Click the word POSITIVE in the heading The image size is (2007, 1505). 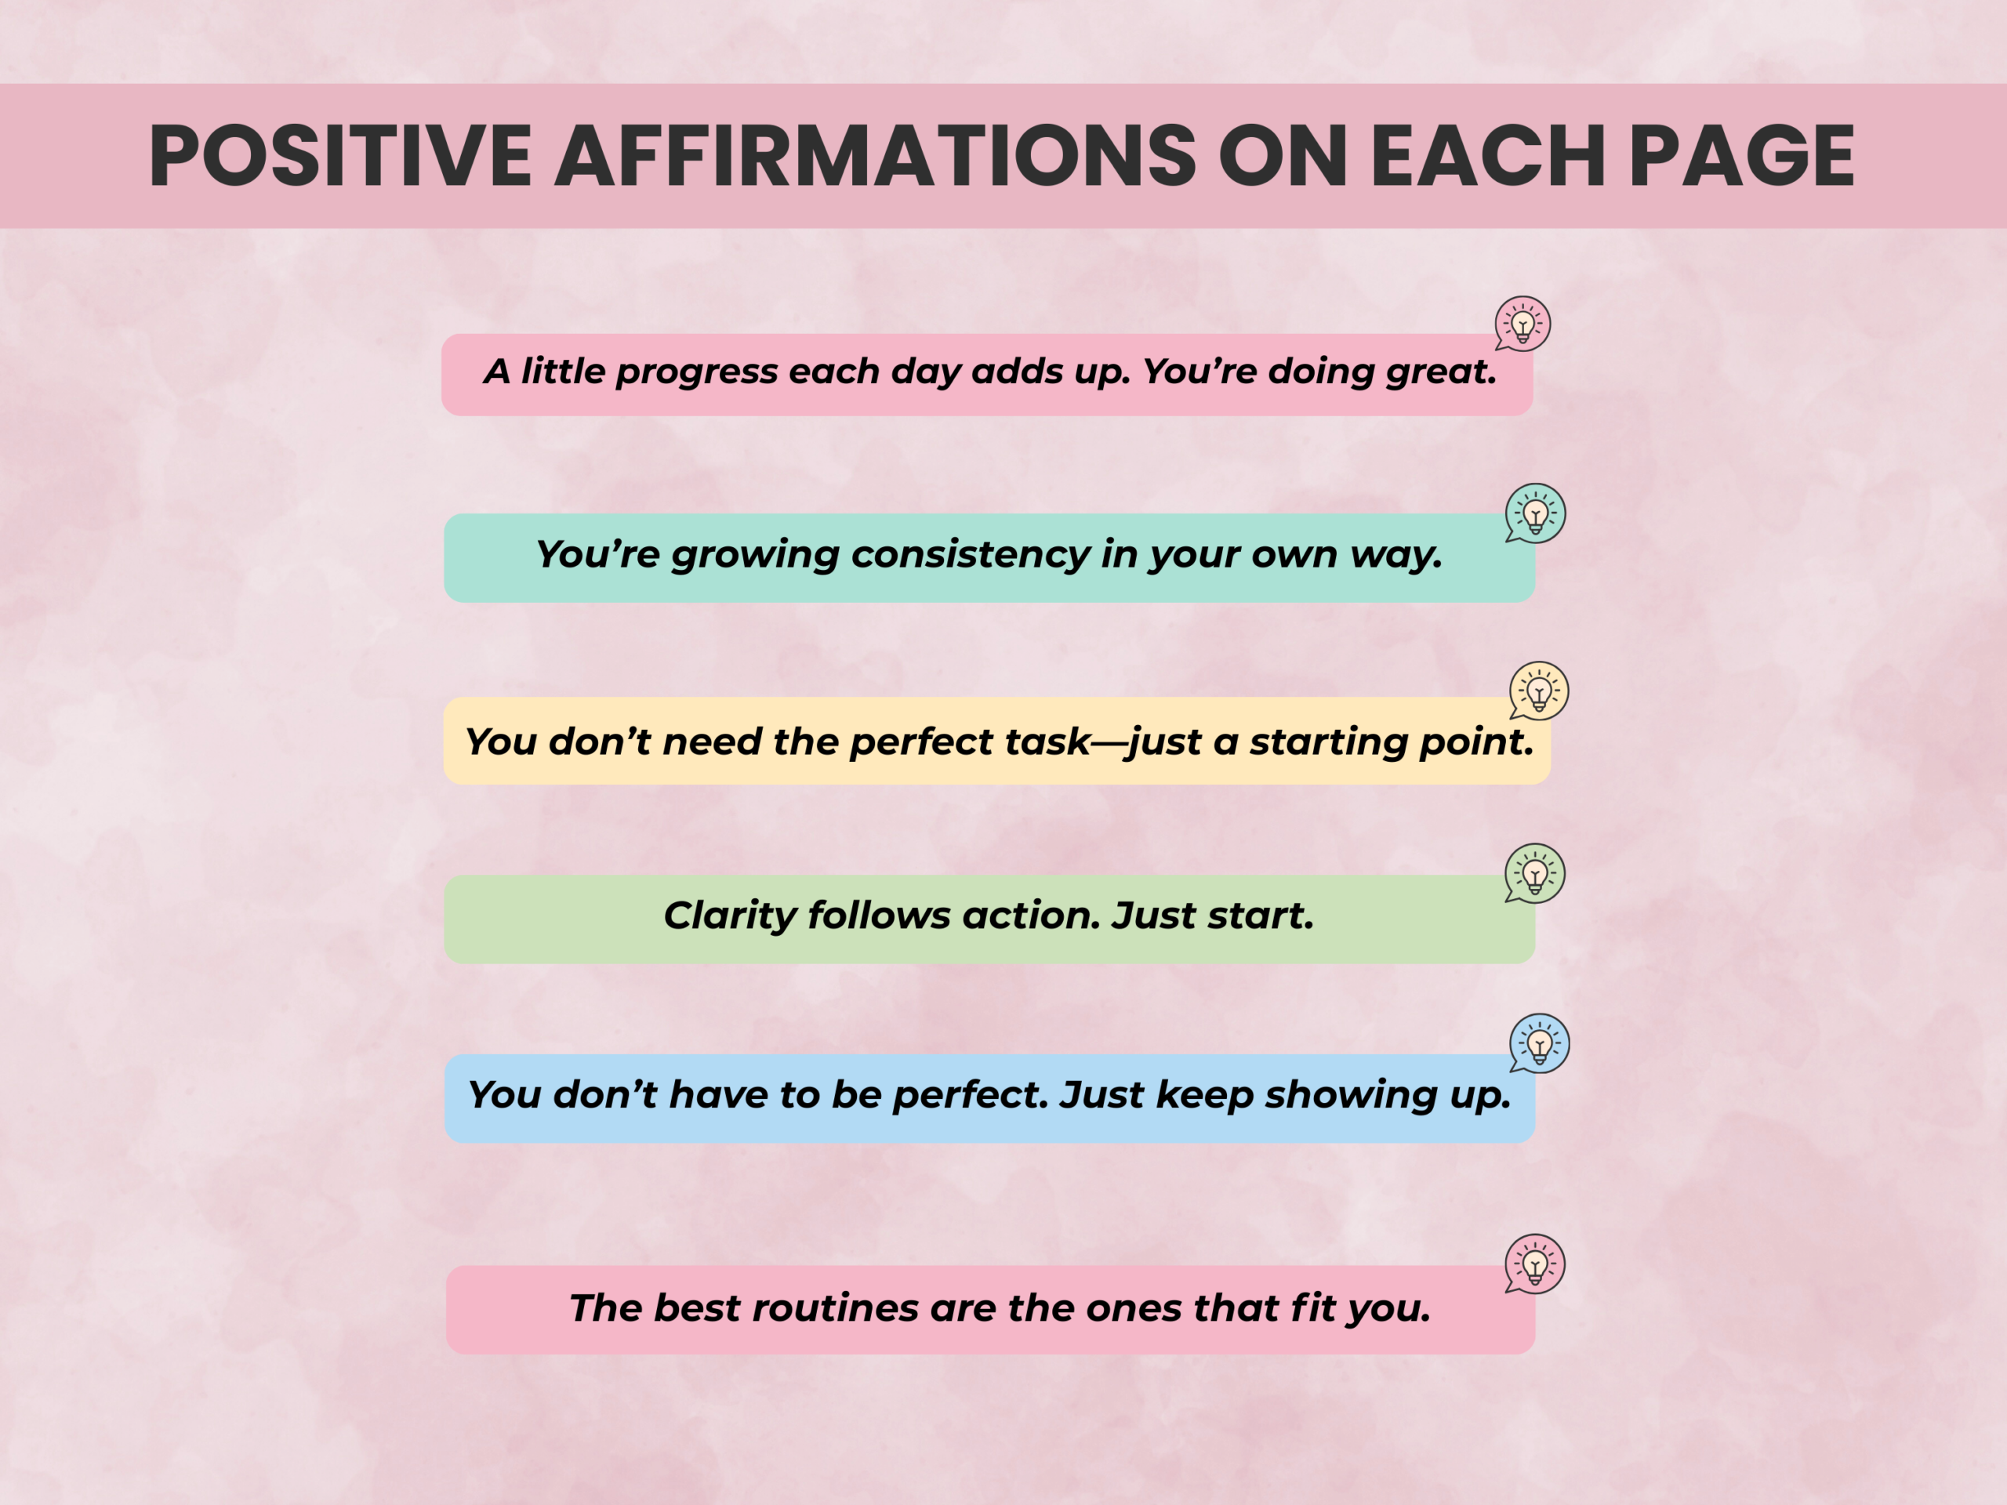click(x=340, y=156)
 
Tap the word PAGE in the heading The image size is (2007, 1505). click(x=1742, y=156)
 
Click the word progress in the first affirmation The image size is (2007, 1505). click(x=697, y=373)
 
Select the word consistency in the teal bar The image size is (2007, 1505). click(x=970, y=555)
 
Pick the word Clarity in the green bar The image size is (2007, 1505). click(x=731, y=916)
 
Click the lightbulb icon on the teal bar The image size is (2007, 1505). click(x=1535, y=513)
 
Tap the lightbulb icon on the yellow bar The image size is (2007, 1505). click(x=1539, y=691)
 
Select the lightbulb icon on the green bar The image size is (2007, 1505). click(x=1535, y=874)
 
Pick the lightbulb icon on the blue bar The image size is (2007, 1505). click(x=1539, y=1043)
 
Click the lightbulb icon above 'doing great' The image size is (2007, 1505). click(x=1523, y=324)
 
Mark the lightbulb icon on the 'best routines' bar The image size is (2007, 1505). click(x=1535, y=1264)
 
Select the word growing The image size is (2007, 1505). click(x=755, y=555)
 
